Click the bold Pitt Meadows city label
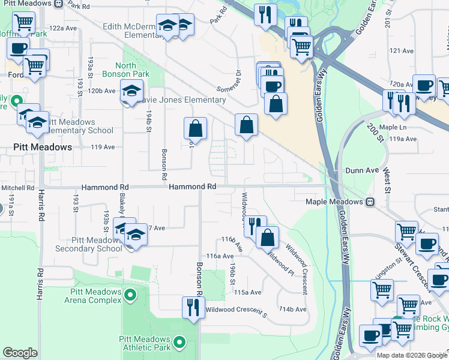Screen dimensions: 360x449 pos(43,147)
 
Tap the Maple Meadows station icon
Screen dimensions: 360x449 pos(370,202)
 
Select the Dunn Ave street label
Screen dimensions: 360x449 pos(363,171)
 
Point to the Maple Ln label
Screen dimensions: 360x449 pos(393,127)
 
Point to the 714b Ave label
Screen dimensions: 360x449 pos(292,310)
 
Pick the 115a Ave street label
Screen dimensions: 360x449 pos(248,292)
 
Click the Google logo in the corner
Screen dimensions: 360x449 pos(20,353)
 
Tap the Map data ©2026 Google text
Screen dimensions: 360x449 pos(411,355)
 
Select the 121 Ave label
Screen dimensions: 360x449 pos(403,51)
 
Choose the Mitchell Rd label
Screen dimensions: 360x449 pos(17,188)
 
